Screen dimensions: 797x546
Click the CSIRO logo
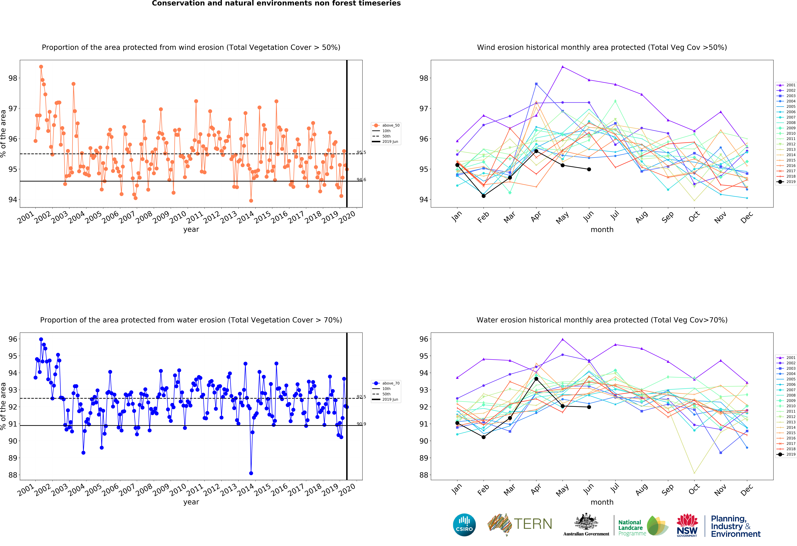click(x=464, y=525)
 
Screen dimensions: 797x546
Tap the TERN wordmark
click(x=533, y=524)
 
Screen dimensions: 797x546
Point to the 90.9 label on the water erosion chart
click(x=361, y=424)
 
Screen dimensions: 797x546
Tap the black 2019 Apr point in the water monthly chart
click(x=536, y=379)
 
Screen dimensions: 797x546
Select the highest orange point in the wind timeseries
click(x=41, y=67)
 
